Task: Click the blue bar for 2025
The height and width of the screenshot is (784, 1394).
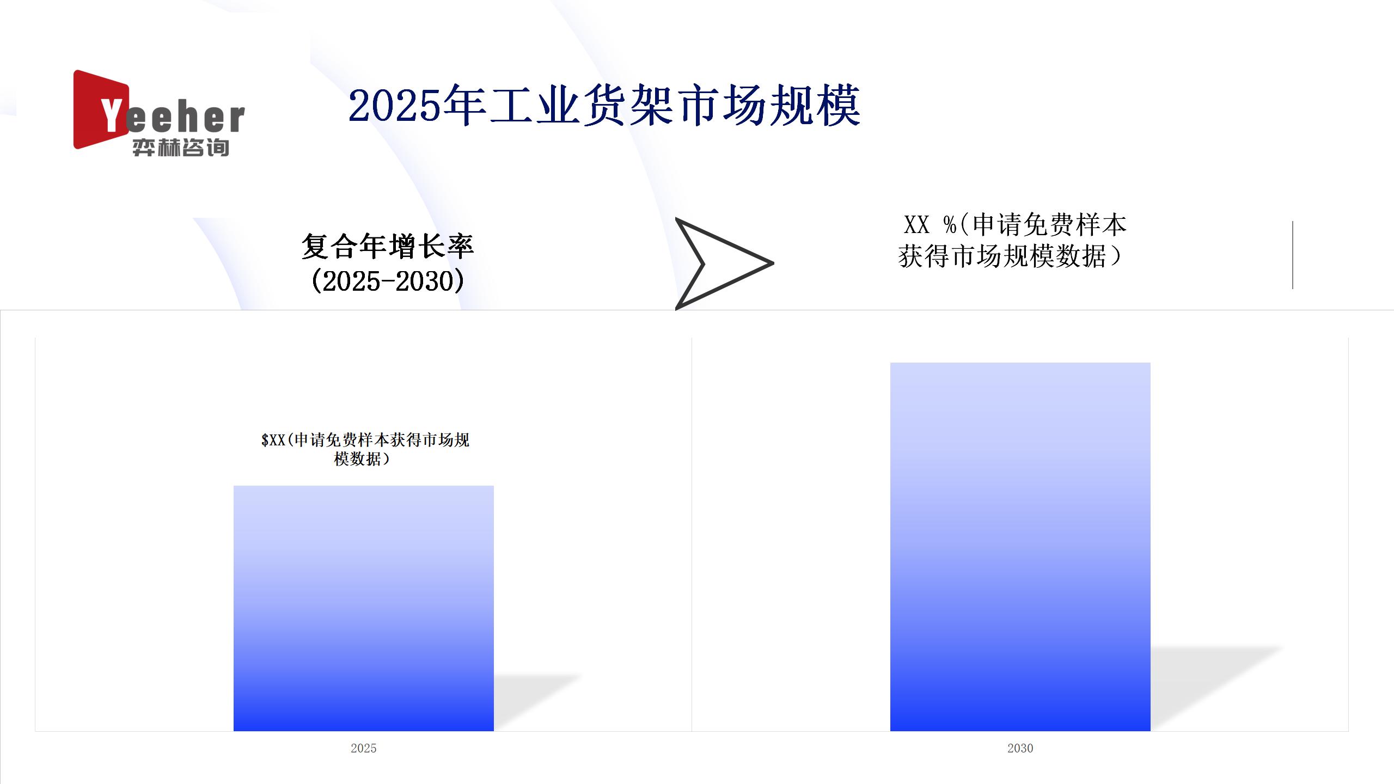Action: [x=364, y=608]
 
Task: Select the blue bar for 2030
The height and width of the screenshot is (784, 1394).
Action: [x=1020, y=547]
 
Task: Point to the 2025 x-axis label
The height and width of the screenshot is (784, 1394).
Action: [x=364, y=748]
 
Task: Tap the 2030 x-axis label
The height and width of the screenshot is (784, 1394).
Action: [x=1020, y=748]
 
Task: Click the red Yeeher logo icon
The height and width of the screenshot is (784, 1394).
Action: [x=98, y=109]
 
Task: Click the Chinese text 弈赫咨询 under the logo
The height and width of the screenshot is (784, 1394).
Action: [x=181, y=148]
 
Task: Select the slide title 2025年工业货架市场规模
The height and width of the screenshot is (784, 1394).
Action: [x=604, y=106]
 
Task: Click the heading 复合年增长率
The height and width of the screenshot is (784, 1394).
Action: [x=388, y=246]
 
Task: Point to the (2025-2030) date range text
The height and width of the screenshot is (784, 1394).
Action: [x=388, y=281]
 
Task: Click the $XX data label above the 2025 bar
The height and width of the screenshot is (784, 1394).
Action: [x=365, y=449]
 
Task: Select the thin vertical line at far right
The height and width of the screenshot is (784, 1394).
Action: [x=1293, y=255]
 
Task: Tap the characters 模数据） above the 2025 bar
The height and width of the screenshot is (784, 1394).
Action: [x=362, y=459]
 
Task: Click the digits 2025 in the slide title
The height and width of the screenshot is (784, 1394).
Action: [x=394, y=106]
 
